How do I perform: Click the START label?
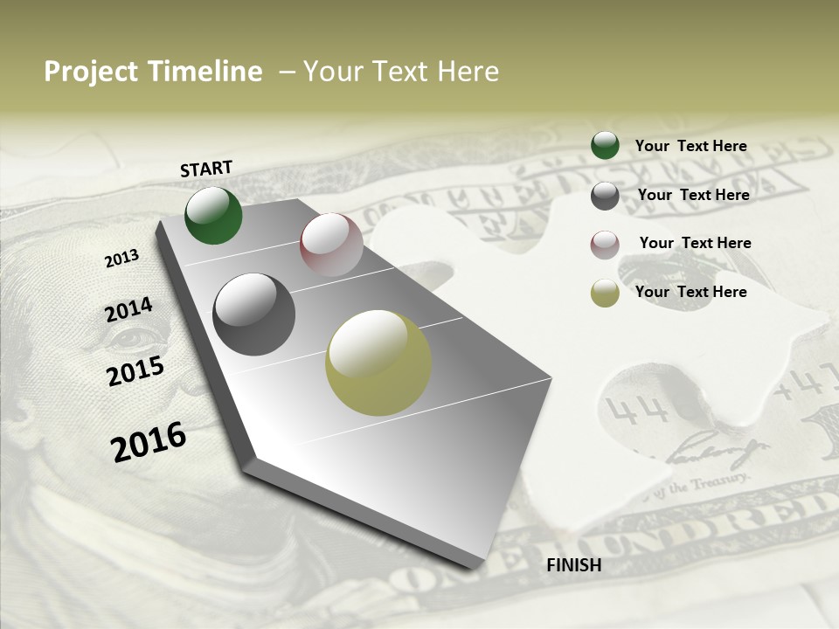click(x=206, y=169)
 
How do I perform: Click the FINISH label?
click(x=574, y=565)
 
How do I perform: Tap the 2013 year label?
click(x=121, y=259)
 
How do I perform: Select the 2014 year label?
click(x=128, y=310)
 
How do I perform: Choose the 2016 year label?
click(x=149, y=442)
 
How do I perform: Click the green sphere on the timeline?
click(x=213, y=216)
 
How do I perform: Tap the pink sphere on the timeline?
click(x=331, y=245)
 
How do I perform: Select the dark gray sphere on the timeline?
click(x=254, y=314)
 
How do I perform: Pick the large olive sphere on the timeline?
click(x=378, y=363)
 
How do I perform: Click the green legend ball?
click(x=605, y=146)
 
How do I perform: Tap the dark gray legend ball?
click(x=605, y=196)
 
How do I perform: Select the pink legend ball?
click(x=605, y=244)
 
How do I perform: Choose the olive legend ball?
click(x=605, y=293)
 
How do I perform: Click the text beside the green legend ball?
click(x=690, y=146)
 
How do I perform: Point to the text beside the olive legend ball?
click(x=690, y=292)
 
